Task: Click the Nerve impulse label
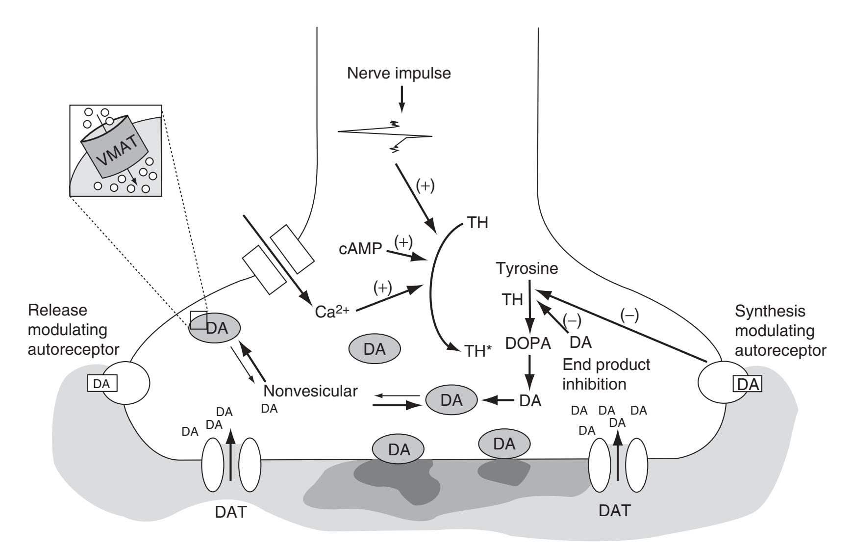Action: coord(399,74)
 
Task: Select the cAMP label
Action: coord(360,249)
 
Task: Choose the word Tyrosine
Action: coord(527,268)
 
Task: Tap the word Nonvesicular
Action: coord(310,391)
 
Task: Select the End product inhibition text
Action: coord(606,374)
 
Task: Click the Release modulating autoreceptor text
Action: coord(73,330)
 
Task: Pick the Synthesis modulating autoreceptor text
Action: coord(780,331)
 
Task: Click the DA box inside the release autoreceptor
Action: coord(101,384)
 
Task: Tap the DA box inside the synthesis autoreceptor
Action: coord(748,384)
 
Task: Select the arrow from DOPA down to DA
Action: coord(529,372)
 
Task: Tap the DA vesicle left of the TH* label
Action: coord(375,349)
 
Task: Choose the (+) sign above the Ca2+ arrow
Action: coord(382,288)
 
